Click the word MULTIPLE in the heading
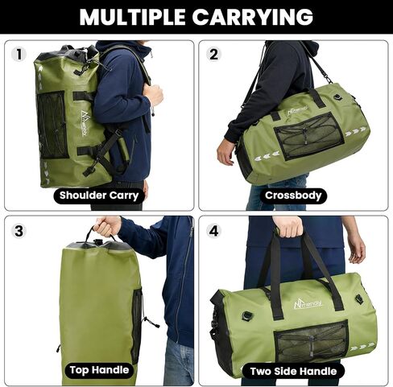[132, 17]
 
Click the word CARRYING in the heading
[253, 17]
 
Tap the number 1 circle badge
[19, 55]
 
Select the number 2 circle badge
[213, 55]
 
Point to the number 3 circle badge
[19, 231]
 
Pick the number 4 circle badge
[213, 231]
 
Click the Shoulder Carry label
[99, 196]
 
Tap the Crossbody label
[293, 196]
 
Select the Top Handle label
[99, 370]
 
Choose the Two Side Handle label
[293, 372]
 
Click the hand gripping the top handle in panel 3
[107, 227]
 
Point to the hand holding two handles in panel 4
[288, 227]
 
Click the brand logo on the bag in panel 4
[308, 304]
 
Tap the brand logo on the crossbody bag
[298, 109]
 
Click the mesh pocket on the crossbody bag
[308, 137]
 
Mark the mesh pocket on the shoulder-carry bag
[52, 126]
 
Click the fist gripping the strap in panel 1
[153, 95]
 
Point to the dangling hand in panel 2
[225, 154]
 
